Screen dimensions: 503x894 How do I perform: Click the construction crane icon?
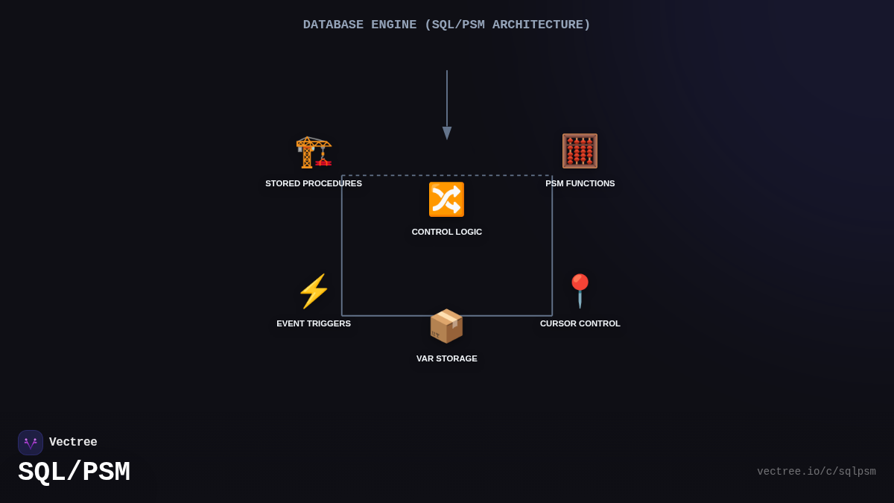click(x=314, y=151)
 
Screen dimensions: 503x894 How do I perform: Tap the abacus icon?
click(x=580, y=151)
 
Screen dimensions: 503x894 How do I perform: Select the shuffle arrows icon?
click(x=446, y=200)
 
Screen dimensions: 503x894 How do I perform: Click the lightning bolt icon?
click(x=314, y=291)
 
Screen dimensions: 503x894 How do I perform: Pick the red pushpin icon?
click(x=580, y=291)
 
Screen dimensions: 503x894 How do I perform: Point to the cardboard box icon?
click(x=446, y=326)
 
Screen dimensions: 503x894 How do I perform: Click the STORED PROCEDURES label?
click(x=314, y=183)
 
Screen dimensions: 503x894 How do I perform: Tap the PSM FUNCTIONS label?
click(x=580, y=183)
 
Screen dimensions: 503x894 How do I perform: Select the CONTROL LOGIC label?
click(x=447, y=232)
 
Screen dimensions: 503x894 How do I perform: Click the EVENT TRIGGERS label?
click(x=314, y=323)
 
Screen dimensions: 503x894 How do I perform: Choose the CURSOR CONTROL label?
click(x=580, y=323)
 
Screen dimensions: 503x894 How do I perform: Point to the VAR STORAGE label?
click(x=447, y=358)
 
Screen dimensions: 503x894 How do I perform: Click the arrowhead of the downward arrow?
click(x=447, y=133)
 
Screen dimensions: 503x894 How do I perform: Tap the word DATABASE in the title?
click(x=333, y=25)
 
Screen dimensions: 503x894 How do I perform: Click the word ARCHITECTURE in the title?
click(x=541, y=25)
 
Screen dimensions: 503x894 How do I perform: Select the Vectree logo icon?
click(x=31, y=443)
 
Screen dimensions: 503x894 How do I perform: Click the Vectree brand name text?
click(x=73, y=443)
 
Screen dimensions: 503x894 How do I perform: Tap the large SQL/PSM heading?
click(x=74, y=472)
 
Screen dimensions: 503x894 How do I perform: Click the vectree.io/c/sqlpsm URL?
click(x=816, y=472)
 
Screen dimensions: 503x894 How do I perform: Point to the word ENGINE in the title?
click(x=393, y=25)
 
